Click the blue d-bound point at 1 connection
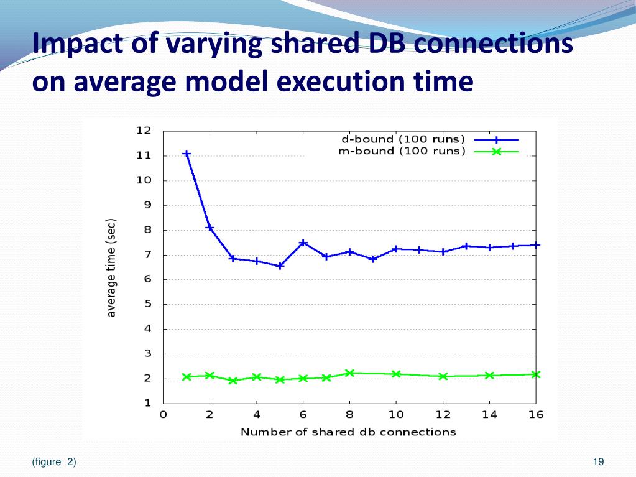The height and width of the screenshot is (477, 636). [187, 154]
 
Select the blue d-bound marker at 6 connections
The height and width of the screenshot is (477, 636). [303, 243]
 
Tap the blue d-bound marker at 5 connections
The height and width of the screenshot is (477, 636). [280, 266]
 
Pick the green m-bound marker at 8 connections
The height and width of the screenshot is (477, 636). [350, 373]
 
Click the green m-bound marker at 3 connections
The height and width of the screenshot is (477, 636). [233, 381]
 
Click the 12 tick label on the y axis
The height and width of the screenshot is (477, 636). [144, 131]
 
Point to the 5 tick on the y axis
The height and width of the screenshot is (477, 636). [147, 304]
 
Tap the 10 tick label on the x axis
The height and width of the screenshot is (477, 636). [396, 415]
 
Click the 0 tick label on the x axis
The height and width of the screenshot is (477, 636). [164, 415]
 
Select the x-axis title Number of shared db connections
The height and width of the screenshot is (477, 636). [348, 432]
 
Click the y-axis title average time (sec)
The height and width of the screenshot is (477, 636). [112, 267]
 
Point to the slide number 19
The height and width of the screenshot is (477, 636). [599, 461]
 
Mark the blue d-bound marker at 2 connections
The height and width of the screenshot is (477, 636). [210, 228]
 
